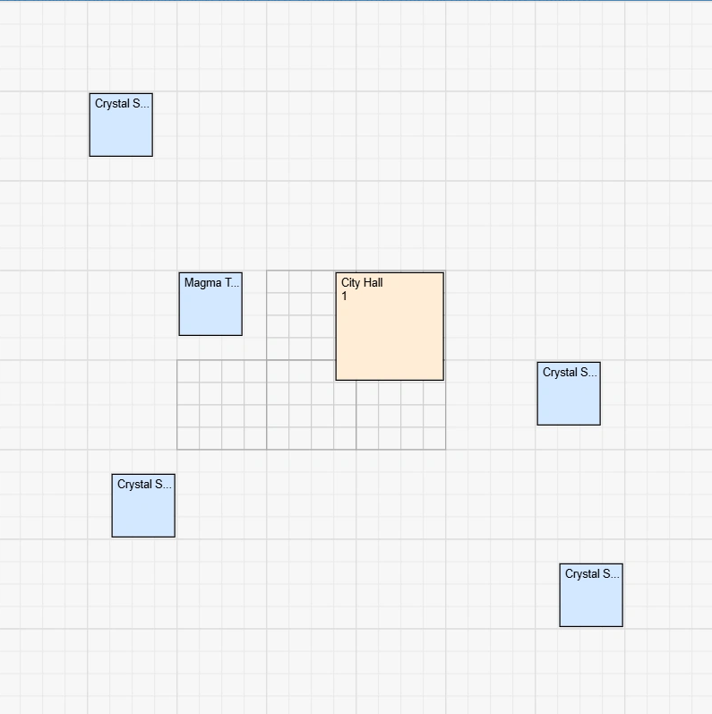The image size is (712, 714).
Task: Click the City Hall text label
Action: coord(362,283)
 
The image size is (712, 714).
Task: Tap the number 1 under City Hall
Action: coord(344,297)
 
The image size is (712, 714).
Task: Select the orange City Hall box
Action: coord(390,336)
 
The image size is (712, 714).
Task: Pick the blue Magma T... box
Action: coord(210,309)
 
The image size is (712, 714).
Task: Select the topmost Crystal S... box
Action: coord(121,130)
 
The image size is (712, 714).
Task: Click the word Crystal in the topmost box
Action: coord(112,104)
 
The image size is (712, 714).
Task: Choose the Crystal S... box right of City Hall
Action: coord(569,399)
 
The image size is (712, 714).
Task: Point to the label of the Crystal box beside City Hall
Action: coord(570,373)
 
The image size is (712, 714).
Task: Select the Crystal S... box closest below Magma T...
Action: coord(143,511)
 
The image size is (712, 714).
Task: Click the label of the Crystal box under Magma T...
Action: coord(144,485)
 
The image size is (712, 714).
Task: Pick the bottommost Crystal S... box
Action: coord(591,600)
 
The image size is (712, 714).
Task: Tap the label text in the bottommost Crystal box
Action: coord(592,574)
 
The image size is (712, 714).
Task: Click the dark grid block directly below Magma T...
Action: coord(222,405)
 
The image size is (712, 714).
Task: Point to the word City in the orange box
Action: coord(349,283)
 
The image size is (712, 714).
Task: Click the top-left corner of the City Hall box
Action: coord(337,273)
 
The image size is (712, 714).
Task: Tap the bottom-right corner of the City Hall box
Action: coord(443,380)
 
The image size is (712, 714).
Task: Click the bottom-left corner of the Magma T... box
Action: coord(180,335)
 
